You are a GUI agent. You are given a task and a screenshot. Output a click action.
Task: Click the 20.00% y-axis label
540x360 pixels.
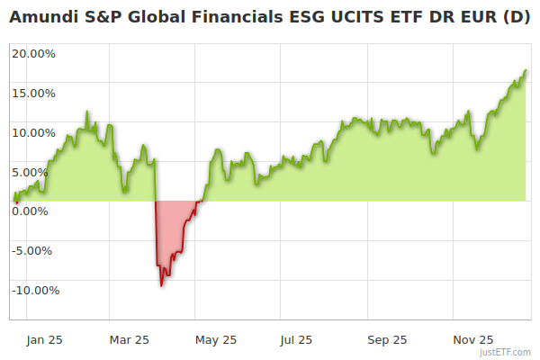click(34, 53)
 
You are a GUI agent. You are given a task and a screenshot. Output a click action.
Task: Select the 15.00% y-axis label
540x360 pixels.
click(34, 93)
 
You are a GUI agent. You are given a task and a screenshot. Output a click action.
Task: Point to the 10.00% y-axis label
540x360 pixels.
click(34, 132)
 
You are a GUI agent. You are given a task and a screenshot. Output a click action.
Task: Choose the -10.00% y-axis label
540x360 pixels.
click(35, 290)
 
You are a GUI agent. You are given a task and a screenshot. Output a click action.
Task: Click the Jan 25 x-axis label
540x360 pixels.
click(43, 339)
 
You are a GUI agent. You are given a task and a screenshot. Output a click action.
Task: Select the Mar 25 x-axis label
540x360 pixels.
click(129, 339)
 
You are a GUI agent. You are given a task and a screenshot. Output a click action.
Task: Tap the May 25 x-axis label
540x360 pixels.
click(215, 339)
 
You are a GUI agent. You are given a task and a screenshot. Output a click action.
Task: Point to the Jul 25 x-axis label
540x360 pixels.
click(296, 339)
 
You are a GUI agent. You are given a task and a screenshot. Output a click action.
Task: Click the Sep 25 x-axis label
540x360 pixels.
click(387, 339)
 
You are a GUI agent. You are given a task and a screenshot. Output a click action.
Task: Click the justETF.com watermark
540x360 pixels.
click(507, 352)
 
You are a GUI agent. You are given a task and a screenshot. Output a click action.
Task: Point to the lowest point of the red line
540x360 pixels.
click(161, 285)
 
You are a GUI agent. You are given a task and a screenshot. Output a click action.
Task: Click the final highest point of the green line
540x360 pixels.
click(526, 70)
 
